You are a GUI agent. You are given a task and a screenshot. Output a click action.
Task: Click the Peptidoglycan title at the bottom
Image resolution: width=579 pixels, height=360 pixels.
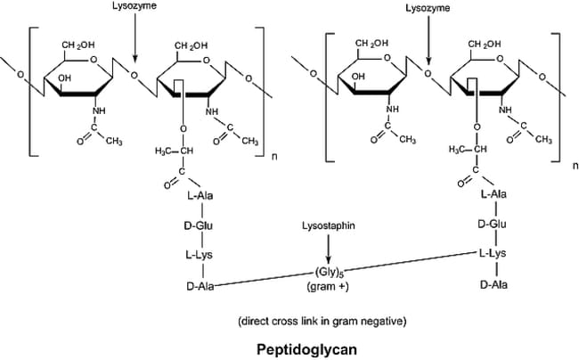[x=306, y=349]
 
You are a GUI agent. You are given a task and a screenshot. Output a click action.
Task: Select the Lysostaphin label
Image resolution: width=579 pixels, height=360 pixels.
[x=329, y=225]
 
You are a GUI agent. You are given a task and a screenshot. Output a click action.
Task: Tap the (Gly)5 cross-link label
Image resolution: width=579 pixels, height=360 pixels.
[x=327, y=273]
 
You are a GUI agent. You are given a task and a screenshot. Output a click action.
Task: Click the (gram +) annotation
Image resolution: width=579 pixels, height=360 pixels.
[x=328, y=287]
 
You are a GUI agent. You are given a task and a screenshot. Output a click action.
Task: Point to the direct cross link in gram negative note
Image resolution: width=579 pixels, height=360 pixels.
[x=322, y=321]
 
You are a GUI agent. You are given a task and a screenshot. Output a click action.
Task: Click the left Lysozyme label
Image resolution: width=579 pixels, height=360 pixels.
[x=135, y=6]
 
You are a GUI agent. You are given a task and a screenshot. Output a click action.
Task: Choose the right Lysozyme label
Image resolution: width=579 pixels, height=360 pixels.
[x=428, y=8]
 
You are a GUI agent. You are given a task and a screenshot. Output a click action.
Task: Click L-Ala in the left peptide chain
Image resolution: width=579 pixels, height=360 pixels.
[x=200, y=195]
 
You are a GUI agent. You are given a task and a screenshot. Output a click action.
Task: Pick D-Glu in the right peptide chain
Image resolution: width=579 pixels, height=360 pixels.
[x=493, y=225]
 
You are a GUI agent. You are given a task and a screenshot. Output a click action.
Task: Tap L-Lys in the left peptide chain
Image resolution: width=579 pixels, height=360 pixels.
[x=200, y=254]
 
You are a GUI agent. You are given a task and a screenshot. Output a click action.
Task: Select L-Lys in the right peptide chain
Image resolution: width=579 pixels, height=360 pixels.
[x=493, y=253]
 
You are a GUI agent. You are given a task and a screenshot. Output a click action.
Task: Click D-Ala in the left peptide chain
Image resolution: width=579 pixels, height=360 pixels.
[x=200, y=286]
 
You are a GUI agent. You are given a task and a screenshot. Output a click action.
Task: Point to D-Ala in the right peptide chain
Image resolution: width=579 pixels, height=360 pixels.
[x=493, y=284]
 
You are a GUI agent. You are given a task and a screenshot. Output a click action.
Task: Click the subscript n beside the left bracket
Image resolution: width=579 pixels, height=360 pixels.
[x=274, y=157]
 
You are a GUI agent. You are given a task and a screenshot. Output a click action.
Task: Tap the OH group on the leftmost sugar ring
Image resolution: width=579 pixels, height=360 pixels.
[x=64, y=78]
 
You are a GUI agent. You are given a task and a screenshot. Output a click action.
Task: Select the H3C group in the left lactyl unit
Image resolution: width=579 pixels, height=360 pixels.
[x=164, y=151]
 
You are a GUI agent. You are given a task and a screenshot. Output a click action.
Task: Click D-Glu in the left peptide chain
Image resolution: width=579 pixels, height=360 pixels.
[x=199, y=225]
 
